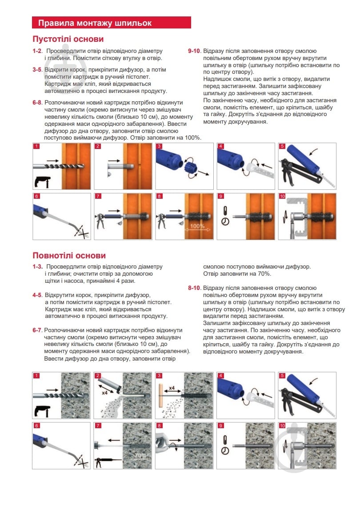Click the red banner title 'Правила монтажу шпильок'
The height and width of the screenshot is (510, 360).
(95, 23)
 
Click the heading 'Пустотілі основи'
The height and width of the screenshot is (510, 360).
(68, 39)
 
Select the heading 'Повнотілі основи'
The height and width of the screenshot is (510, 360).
(69, 256)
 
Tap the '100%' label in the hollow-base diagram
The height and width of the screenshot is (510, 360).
(197, 226)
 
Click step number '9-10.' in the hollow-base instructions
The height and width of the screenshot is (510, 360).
(194, 51)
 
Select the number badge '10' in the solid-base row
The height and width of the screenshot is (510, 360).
(282, 426)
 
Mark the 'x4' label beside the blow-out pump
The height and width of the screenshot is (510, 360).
(105, 393)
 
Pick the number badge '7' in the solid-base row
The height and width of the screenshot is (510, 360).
(98, 426)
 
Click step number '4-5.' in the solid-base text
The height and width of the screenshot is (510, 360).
(37, 295)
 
